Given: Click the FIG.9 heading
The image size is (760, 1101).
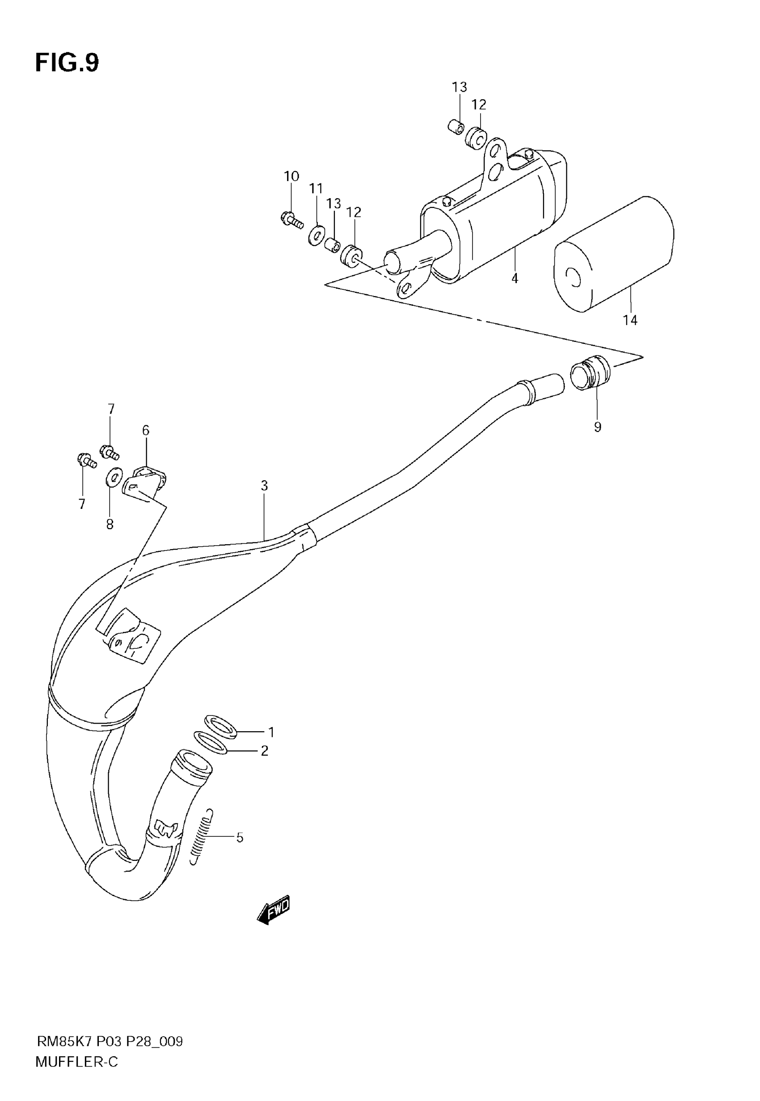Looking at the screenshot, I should pos(67,63).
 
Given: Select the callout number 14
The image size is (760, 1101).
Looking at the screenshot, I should pos(630,321).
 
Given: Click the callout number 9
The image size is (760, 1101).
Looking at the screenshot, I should pos(598,427).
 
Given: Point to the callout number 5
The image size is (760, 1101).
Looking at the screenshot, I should pos(240,837).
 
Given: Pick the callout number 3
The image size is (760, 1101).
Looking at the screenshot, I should pos(264,486).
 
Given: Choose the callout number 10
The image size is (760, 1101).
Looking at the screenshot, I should pos(291,176).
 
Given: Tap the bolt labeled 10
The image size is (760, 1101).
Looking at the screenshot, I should pos(291,220).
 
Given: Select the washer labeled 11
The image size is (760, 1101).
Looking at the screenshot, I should pos(316,235).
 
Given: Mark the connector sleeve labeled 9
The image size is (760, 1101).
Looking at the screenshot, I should pos(591,373).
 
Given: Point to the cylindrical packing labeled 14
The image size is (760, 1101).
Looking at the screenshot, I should pos(614,255).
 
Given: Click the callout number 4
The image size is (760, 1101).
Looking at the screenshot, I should pos(515,279).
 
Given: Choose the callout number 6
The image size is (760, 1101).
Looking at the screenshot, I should pos(146,431).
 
